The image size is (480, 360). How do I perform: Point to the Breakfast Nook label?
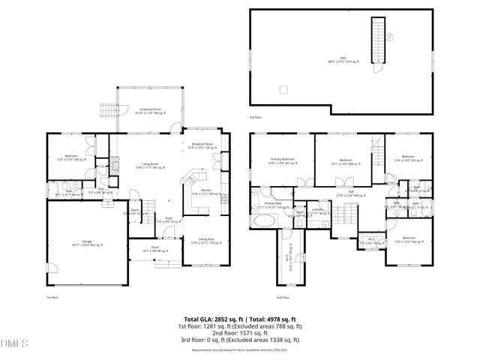202,145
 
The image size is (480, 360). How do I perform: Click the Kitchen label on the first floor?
205,192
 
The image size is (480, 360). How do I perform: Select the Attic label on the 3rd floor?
343,61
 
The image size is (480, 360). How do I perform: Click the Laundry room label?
319,211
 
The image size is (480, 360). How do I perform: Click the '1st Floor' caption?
53,298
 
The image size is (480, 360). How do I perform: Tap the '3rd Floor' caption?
256,118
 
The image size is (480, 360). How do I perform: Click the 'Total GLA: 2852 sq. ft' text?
212,319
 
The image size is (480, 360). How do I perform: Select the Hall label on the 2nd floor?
349,193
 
